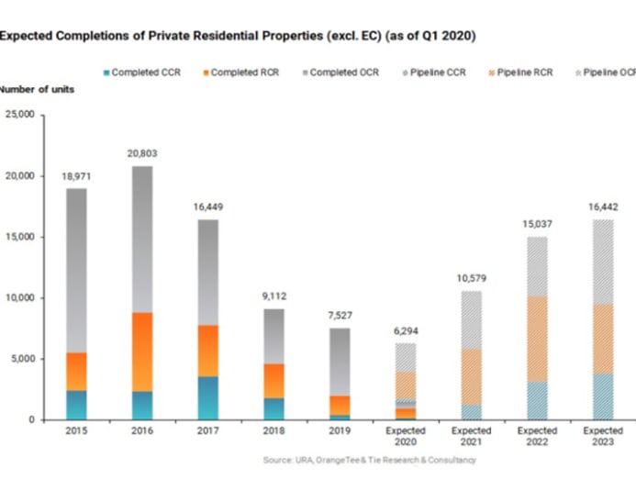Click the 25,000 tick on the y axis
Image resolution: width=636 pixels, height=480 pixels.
(x=17, y=115)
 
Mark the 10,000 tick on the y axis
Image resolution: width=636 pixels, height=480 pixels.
(x=17, y=298)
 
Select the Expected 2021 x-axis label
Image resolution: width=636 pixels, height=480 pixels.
(x=472, y=437)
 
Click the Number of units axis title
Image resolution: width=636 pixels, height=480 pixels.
(x=38, y=90)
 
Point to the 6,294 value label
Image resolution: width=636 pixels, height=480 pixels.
(x=406, y=331)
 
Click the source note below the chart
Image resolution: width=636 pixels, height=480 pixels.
(x=369, y=460)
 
